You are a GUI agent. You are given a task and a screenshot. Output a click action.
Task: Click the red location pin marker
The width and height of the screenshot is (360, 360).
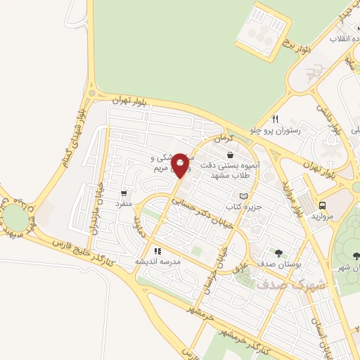[x=181, y=165]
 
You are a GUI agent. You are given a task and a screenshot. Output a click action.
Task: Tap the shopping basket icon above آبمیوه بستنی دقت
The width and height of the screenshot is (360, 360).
[x=230, y=155]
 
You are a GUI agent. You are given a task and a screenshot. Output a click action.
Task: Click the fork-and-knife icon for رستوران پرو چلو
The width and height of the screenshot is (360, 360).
[x=276, y=119]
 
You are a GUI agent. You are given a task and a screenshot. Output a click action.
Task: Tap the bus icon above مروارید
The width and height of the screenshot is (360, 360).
[x=322, y=205]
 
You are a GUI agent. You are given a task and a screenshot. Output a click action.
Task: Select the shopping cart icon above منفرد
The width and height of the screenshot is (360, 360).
[x=124, y=193]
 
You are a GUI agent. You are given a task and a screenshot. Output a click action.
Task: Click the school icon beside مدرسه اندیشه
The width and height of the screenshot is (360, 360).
[x=157, y=250]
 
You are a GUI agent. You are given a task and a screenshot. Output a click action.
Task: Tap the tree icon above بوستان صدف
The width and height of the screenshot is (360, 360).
[x=278, y=252]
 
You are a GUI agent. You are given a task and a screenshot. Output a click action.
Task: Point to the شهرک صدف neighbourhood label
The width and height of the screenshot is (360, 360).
[x=282, y=285]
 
